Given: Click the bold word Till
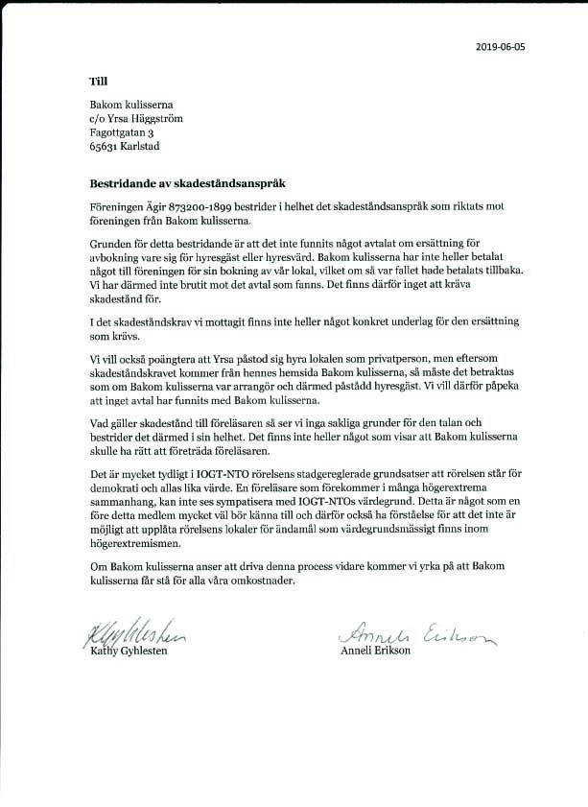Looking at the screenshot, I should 99,82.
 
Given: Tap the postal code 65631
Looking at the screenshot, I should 106,147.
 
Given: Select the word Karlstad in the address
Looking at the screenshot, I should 143,147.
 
